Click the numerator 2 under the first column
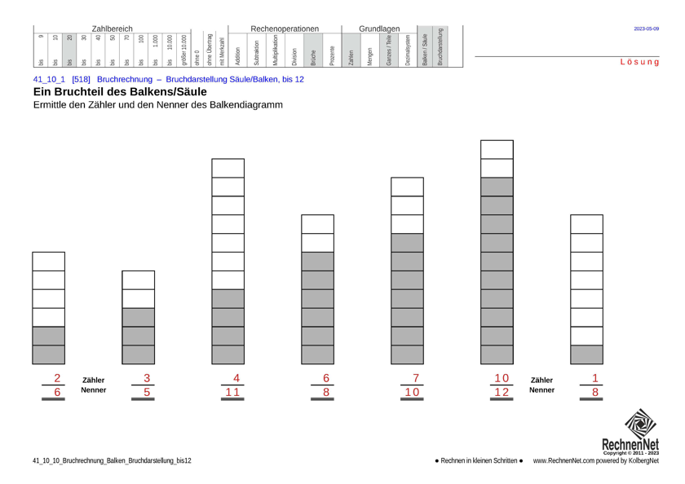(x=57, y=378)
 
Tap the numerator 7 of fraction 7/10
(x=416, y=378)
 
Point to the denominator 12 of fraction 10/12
(x=501, y=392)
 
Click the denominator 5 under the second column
(x=147, y=392)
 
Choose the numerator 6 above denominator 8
(x=326, y=378)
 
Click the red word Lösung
(x=639, y=62)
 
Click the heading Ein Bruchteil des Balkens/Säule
(x=119, y=92)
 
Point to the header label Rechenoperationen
(x=285, y=29)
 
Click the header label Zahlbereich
(x=112, y=29)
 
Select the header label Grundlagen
(x=379, y=29)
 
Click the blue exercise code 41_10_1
(x=49, y=79)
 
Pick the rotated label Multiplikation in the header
(x=276, y=51)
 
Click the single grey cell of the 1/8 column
(x=586, y=354)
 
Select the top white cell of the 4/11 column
(x=228, y=168)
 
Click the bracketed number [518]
(x=81, y=79)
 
